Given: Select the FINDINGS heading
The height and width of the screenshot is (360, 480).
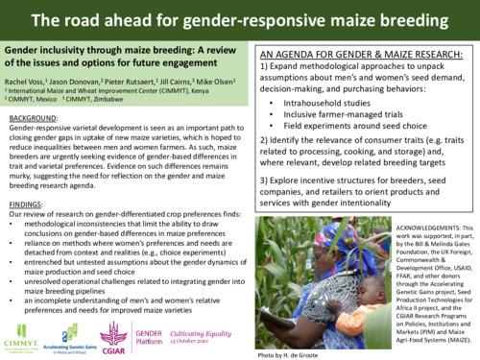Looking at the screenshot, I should tap(27, 204).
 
